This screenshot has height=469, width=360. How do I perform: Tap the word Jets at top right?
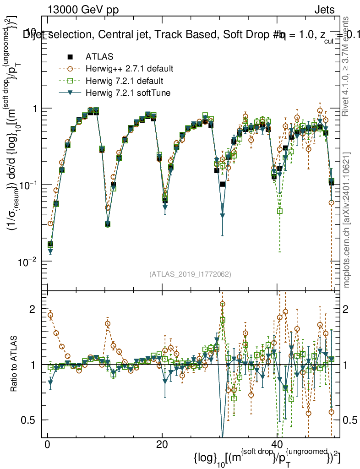pyautogui.click(x=325, y=9)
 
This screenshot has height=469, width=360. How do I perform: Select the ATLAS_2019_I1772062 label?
pyautogui.click(x=190, y=274)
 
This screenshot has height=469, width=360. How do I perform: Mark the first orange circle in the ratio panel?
pyautogui.click(x=50, y=315)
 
